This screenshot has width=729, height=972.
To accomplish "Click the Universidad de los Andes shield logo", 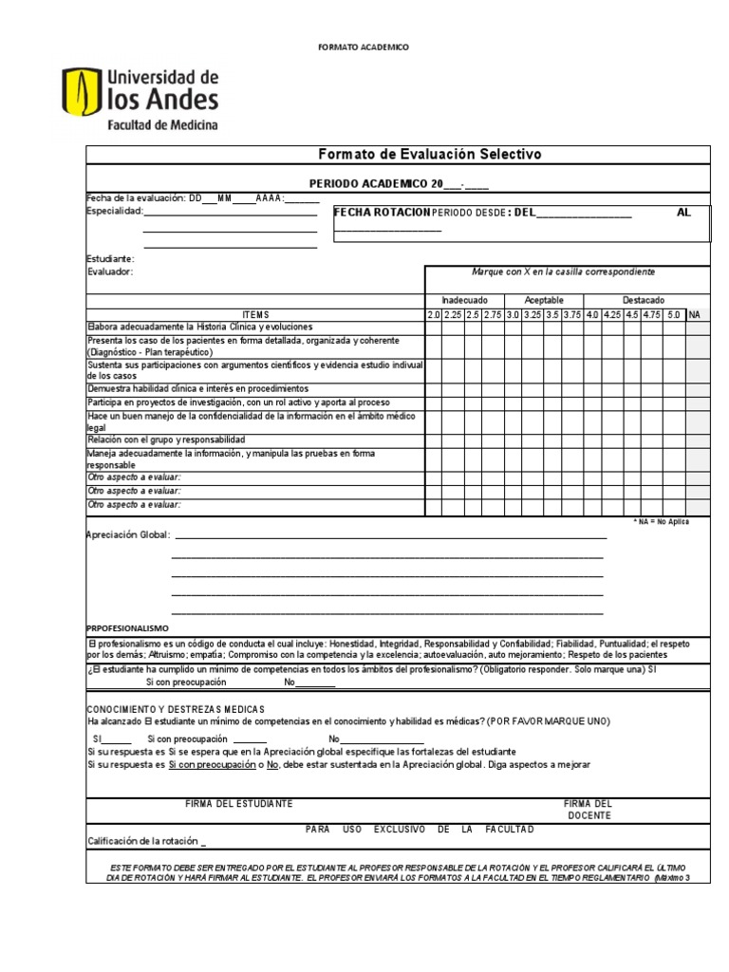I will pos(79,99).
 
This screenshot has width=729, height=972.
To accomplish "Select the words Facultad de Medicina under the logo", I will pos(162,125).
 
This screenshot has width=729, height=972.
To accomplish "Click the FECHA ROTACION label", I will pos(383,213).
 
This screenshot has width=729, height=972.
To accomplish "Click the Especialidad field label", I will pos(114,211).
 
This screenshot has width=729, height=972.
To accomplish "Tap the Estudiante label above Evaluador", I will pos(110,258).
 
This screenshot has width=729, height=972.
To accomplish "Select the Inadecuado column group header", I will pos(465,300).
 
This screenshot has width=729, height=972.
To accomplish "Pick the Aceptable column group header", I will pos(544,300).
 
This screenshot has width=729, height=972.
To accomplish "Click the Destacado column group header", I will pos(644,300).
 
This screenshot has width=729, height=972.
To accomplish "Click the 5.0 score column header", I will pos(673,314).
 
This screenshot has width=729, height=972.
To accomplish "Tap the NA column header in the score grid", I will pos(694,314).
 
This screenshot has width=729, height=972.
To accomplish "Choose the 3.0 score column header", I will pos(513,314).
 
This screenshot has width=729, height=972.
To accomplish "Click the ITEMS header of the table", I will pos(255,314).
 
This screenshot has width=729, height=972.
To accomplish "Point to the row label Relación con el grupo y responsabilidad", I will pos(166,439).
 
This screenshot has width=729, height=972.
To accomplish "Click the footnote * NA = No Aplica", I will pos(662,521).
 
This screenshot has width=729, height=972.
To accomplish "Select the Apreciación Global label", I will pos(128,534).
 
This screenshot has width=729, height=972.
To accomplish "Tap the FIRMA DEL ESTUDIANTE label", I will pos(239,804).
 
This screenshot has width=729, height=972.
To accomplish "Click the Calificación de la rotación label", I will pos(144,841).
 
